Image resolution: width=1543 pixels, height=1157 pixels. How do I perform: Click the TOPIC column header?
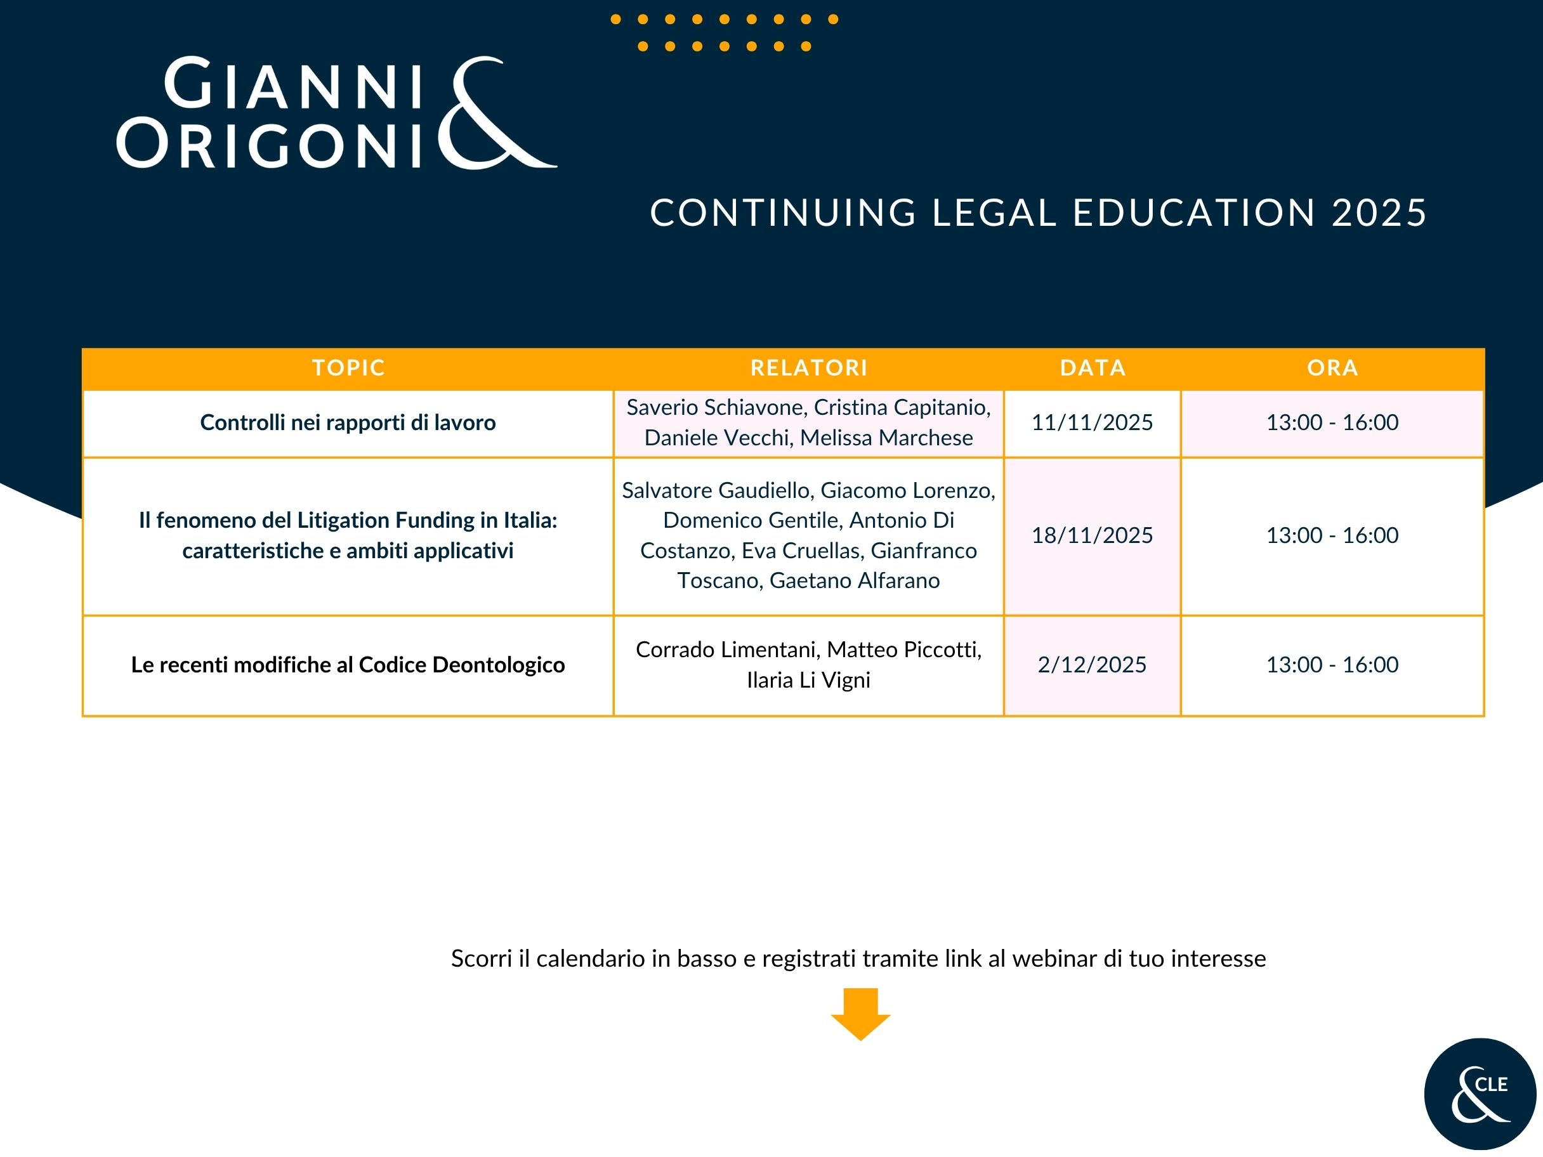tap(348, 367)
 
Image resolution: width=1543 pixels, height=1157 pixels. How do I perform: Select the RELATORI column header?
tap(808, 367)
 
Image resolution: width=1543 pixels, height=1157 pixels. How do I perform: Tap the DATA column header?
tap(1093, 367)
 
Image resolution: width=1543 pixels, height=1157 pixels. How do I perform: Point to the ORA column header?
tap(1332, 367)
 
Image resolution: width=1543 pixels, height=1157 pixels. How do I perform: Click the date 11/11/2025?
tap(1092, 422)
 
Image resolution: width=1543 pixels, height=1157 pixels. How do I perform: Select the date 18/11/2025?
tap(1092, 535)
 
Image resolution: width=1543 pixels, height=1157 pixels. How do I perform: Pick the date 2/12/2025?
tap(1092, 665)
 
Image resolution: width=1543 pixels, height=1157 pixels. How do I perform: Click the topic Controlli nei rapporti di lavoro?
tap(348, 422)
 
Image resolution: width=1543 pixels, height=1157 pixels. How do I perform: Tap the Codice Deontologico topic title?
tap(348, 665)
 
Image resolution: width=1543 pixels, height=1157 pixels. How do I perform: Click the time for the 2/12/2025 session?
tap(1332, 665)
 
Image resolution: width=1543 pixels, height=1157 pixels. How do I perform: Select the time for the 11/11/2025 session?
tap(1332, 422)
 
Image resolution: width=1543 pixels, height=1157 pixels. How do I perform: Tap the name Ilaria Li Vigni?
tap(808, 681)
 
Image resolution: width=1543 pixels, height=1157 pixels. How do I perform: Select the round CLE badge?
tap(1480, 1094)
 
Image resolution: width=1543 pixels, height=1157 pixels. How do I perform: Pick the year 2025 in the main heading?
tap(1379, 212)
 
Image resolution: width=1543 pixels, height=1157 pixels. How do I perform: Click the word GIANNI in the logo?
tap(294, 84)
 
